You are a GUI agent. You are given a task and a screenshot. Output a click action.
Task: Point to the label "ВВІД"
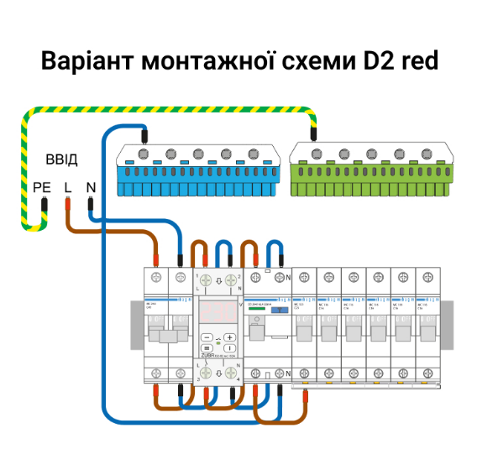(x=60, y=160)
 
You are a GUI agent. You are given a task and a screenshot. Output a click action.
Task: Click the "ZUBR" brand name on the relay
(x=206, y=356)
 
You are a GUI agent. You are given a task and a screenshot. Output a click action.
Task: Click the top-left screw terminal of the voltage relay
(x=205, y=280)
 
